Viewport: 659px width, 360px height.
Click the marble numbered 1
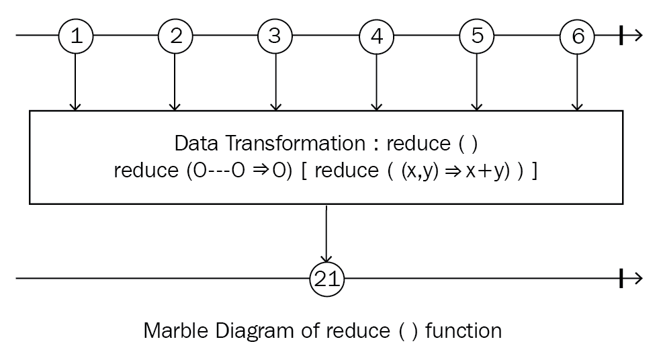click(76, 36)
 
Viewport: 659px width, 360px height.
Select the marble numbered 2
click(176, 36)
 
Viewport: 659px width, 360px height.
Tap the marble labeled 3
click(275, 36)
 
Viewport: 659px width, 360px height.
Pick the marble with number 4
click(377, 36)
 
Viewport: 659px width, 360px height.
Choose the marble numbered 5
click(476, 36)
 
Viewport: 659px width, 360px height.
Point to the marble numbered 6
click(578, 36)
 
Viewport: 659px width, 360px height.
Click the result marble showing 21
click(326, 279)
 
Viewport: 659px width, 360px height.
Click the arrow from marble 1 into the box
click(75, 82)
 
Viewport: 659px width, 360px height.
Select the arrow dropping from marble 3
click(275, 82)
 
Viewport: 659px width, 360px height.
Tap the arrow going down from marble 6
click(578, 82)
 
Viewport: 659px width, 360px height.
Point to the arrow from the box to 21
click(326, 234)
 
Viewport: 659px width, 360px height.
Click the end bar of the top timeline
click(621, 36)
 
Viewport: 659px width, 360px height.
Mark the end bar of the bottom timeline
click(621, 279)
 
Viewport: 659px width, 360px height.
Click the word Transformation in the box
click(296, 143)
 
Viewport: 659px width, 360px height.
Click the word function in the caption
click(464, 330)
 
